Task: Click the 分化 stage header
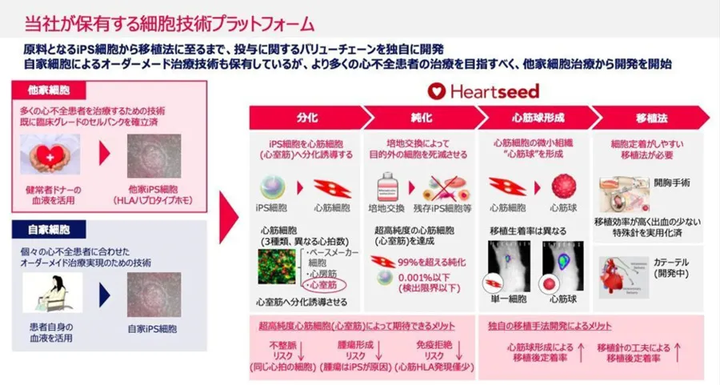click(x=306, y=118)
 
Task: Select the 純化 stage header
click(x=422, y=118)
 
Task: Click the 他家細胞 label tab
click(x=48, y=90)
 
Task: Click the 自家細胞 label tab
click(x=48, y=230)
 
